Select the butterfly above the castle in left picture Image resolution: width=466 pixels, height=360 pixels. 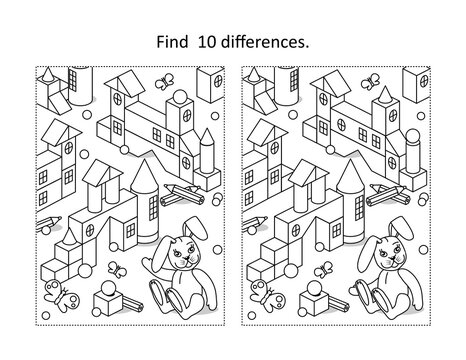tap(163, 76)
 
